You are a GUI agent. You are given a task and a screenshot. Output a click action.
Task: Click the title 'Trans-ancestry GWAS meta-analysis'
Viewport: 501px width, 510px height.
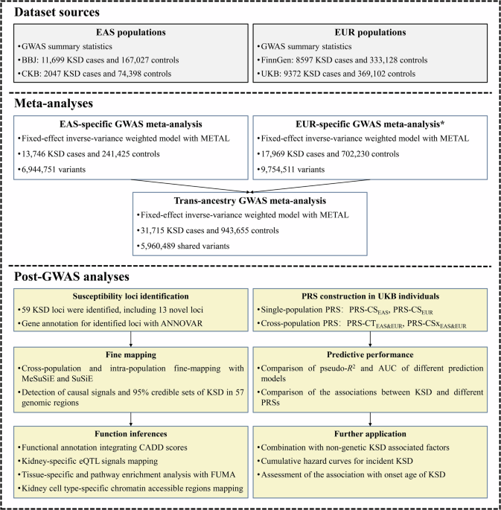point(249,201)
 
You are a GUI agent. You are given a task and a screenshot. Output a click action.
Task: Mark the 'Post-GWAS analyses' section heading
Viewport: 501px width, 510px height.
point(72,276)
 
